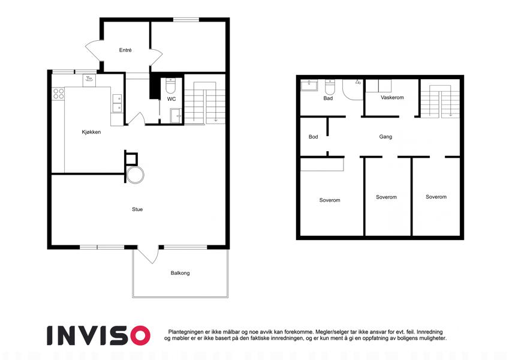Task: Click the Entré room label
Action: coord(125,50)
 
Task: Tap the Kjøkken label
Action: coord(91,132)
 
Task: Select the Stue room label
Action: coord(137,209)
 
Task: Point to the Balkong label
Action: coord(180,273)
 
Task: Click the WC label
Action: coord(171,99)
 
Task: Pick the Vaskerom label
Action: coord(392,97)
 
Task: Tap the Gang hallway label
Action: coord(385,137)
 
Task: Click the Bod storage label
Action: coord(314,137)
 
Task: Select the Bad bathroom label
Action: coord(328,98)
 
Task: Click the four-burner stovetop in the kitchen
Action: coord(58,94)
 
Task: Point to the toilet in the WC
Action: coord(171,85)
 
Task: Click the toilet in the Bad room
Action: coord(330,87)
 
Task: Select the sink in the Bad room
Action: coord(309,85)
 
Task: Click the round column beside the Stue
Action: coord(135,175)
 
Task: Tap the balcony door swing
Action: coord(148,255)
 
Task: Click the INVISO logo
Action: coord(98,335)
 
